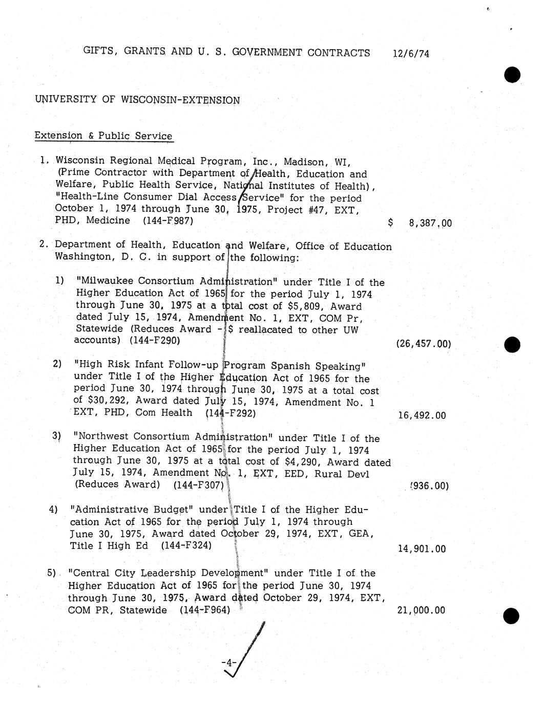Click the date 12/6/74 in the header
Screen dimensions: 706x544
411,54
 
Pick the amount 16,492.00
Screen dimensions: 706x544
422,415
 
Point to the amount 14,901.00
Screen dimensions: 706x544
422,549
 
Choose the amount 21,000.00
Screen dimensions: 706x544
421,610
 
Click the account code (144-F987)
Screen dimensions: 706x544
169,220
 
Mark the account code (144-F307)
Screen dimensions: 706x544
198,484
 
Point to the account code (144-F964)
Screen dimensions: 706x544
204,610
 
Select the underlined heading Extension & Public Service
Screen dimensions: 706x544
103,136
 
